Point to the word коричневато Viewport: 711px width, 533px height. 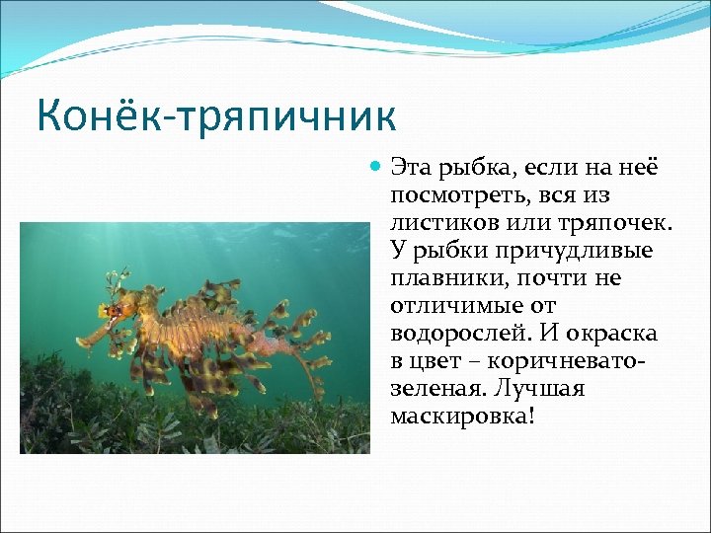[x=559, y=361]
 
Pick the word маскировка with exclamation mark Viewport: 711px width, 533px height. [x=461, y=417]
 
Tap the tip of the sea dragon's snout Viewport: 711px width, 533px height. [x=81, y=343]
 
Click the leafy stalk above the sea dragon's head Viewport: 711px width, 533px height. [x=120, y=280]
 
